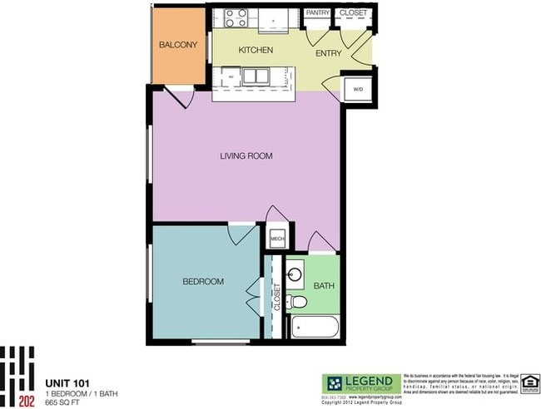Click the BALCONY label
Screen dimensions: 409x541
point(178,45)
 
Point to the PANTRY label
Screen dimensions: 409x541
point(318,13)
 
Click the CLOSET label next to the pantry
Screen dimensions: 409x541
point(354,13)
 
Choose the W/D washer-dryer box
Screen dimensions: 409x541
point(357,88)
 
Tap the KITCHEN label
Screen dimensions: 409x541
point(256,51)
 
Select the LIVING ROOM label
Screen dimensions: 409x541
point(246,155)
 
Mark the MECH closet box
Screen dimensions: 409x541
point(278,239)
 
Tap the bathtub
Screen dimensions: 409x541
point(314,327)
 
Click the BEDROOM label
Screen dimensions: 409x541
point(203,282)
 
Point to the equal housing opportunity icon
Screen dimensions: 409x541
point(529,382)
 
